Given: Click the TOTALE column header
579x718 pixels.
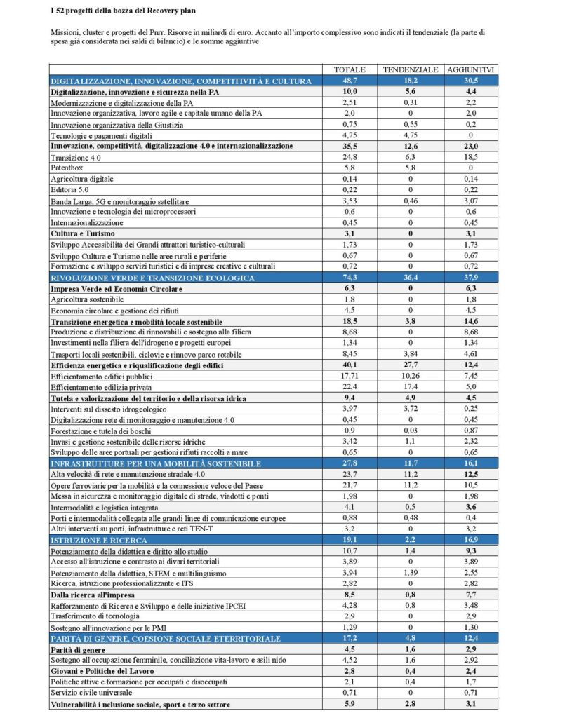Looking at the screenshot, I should coord(350,70).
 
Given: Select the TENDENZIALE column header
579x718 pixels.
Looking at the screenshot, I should coord(411,70).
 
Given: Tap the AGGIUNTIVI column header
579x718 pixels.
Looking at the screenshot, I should coord(472,70).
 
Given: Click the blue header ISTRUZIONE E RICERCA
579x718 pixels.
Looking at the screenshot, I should coord(98,541).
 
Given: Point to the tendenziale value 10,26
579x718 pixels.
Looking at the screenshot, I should coord(411,377).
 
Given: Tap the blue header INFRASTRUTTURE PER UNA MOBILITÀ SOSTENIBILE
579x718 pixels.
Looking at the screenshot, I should coord(156,464).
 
